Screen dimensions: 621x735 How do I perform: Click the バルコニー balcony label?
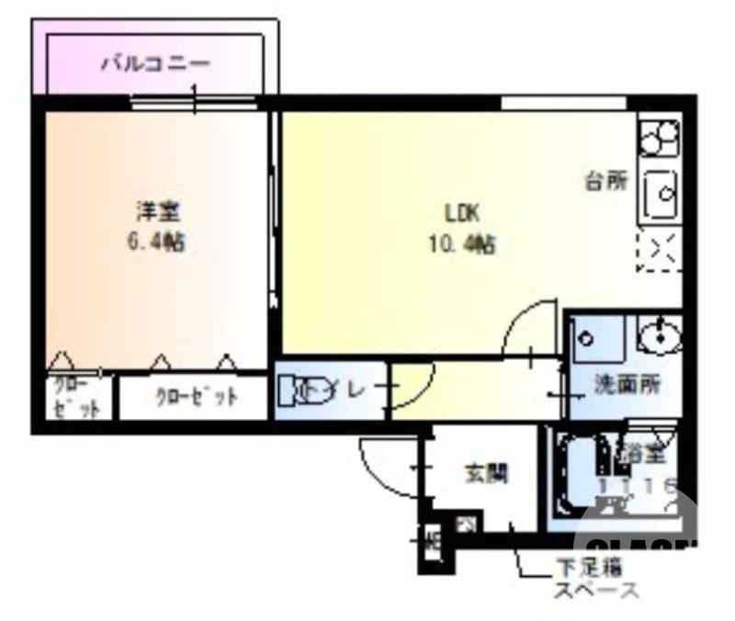(156, 64)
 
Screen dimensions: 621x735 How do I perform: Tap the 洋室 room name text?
(158, 212)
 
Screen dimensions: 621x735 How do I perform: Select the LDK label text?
(462, 214)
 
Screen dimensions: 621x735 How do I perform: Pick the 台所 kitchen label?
(607, 181)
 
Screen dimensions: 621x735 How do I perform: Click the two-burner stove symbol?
(660, 137)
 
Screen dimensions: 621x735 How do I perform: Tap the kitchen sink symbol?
(660, 194)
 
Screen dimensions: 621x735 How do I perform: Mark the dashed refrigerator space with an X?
(660, 251)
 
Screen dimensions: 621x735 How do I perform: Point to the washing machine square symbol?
(597, 339)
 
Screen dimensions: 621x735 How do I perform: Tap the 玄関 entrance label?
(485, 474)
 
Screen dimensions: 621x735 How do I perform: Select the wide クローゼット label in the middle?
(196, 398)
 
